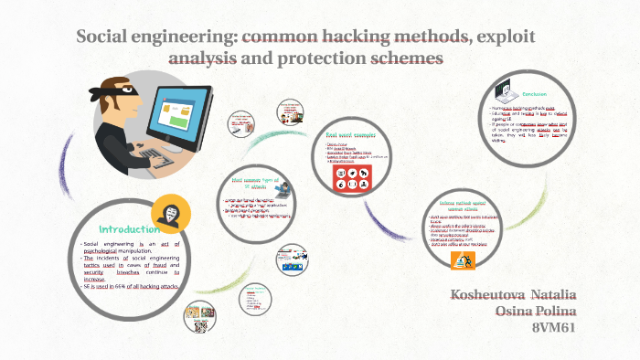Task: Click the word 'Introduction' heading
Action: coord(129,228)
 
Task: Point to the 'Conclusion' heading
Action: coord(535,93)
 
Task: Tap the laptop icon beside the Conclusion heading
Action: coord(503,93)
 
